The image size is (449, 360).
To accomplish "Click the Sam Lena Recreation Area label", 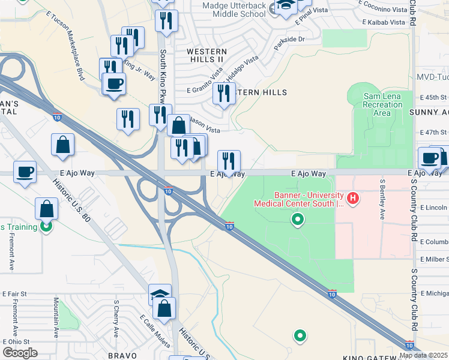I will [x=382, y=104].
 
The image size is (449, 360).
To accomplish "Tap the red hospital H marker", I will [x=354, y=197].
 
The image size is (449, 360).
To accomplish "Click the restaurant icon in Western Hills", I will [x=224, y=94].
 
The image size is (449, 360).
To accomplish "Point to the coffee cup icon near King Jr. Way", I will [x=114, y=83].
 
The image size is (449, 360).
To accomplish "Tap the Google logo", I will [x=19, y=353].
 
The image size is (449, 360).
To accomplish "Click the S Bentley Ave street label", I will [x=382, y=199].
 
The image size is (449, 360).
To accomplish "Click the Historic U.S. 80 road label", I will [x=71, y=201].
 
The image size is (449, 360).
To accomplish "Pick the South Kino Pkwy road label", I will [x=162, y=78].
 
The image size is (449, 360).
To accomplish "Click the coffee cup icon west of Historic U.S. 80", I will [x=25, y=172].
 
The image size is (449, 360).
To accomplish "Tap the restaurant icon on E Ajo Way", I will [x=229, y=161].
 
